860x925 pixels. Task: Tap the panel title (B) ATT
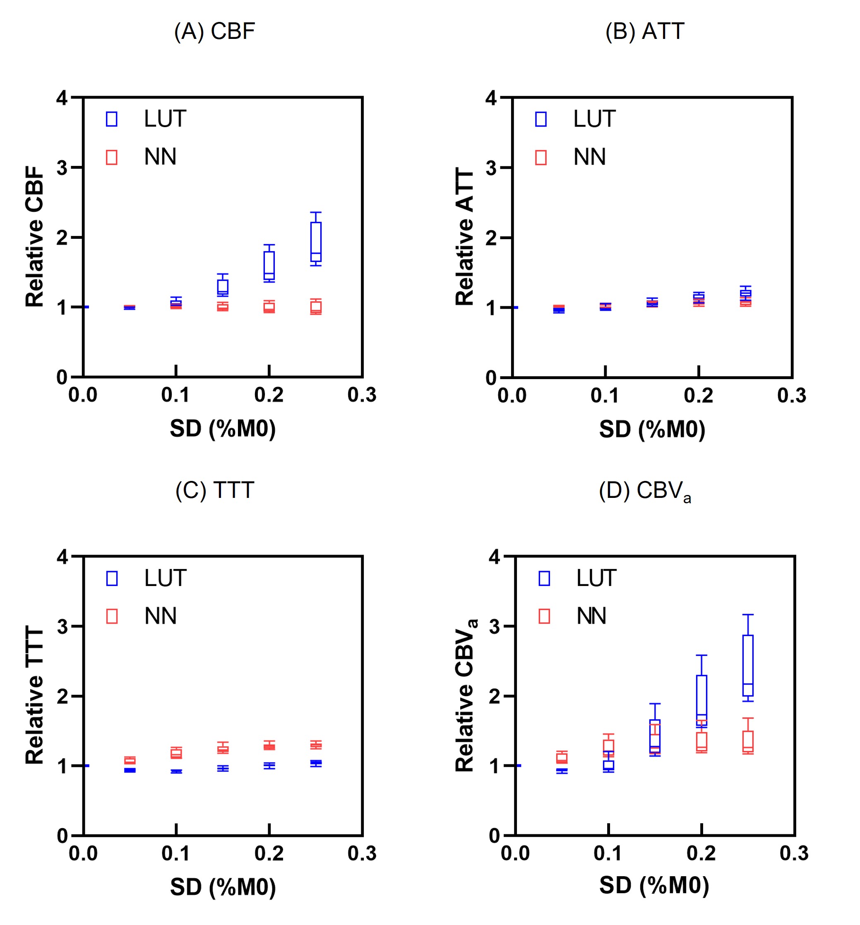pos(644,31)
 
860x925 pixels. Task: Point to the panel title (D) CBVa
pos(644,491)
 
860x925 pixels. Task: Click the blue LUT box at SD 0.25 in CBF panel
pos(316,242)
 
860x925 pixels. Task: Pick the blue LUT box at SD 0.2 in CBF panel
pos(269,266)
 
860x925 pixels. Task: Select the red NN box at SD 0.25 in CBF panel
pos(316,307)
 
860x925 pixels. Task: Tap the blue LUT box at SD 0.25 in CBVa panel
pos(748,666)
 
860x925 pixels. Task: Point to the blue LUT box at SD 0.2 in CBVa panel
pos(701,700)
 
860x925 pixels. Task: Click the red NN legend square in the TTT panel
pos(112,617)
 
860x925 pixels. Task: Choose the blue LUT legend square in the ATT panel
pos(541,119)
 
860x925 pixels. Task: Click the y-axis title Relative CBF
pos(35,237)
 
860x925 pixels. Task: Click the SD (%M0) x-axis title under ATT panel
pos(652,429)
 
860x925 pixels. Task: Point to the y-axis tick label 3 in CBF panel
pos(62,168)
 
